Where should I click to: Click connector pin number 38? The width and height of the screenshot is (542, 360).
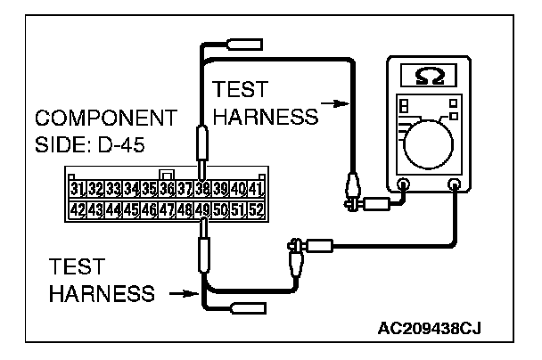pos(203,189)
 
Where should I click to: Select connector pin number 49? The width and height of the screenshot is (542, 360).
pos(203,210)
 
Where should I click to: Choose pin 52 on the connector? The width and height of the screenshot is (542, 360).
pos(257,210)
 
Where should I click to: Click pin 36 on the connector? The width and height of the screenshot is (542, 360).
pos(166,189)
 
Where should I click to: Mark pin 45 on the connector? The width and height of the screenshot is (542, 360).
pos(132,210)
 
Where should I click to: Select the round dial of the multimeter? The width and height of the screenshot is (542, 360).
pos(430,141)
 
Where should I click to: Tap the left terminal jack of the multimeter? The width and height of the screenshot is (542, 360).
pos(402,186)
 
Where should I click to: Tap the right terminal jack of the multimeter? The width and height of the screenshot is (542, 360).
pos(456,186)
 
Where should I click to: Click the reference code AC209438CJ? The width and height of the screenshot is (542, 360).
pos(437,329)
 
